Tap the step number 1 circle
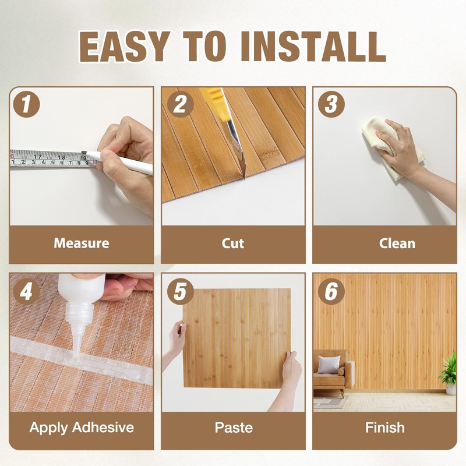click(26, 105)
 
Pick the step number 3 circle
click(331, 105)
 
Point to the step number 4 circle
click(26, 291)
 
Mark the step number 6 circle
click(331, 291)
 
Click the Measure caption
click(82, 243)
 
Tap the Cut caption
click(233, 243)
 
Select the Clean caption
click(384, 243)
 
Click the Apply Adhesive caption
click(82, 428)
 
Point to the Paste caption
click(233, 428)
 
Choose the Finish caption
click(384, 428)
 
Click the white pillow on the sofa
click(328, 365)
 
